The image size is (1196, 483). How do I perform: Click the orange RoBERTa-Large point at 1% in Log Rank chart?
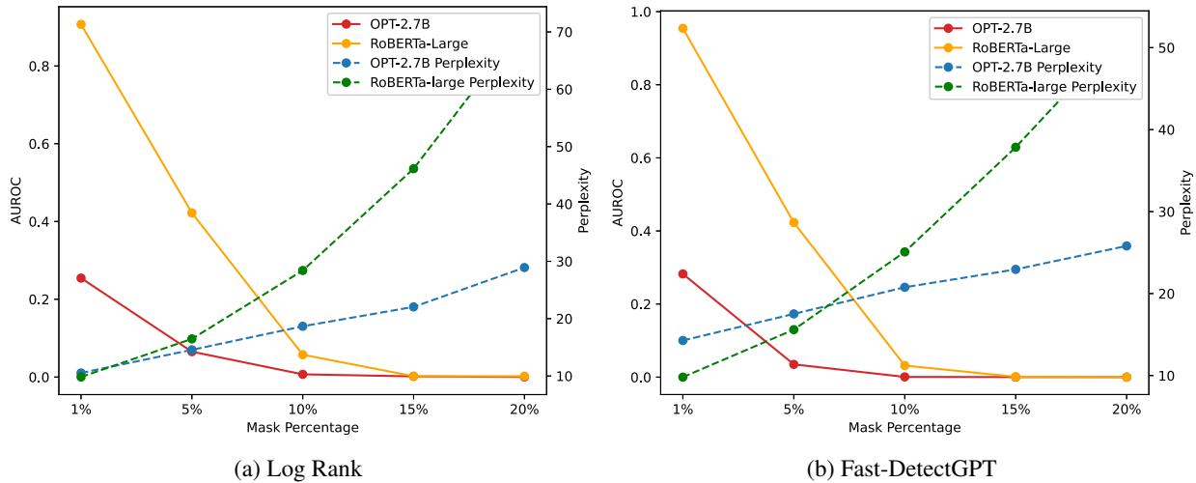[x=81, y=24]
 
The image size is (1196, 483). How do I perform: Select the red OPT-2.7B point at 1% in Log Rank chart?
[x=81, y=278]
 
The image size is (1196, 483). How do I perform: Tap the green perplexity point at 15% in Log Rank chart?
[x=413, y=168]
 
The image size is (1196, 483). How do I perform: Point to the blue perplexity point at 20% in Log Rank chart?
[x=524, y=268]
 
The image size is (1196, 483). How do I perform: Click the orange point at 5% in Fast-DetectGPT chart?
[x=793, y=222]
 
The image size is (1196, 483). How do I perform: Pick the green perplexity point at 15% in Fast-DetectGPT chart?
[x=1015, y=147]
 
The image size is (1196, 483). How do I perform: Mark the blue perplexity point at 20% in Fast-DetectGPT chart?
[x=1126, y=245]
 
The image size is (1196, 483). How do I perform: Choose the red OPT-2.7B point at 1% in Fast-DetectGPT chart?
[x=682, y=273]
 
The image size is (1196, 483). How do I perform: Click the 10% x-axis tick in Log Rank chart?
[x=302, y=407]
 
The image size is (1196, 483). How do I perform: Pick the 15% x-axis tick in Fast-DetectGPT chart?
[x=1015, y=407]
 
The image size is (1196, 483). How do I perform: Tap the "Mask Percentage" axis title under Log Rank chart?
[x=302, y=426]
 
